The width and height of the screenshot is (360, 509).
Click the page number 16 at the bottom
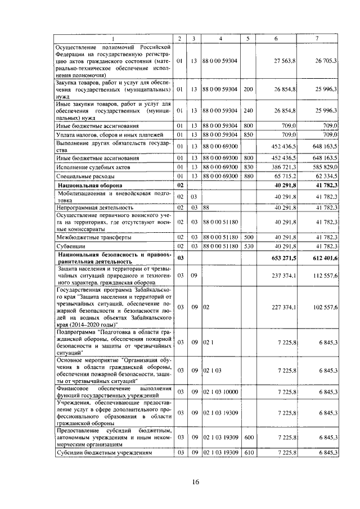pyautogui.click(x=195, y=483)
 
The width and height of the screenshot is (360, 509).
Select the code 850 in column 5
pyautogui.click(x=248, y=134)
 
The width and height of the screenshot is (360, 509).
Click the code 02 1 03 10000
pyautogui.click(x=220, y=391)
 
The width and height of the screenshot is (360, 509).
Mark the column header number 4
pyautogui.click(x=220, y=38)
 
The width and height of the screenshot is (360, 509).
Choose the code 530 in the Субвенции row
pyautogui.click(x=248, y=246)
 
